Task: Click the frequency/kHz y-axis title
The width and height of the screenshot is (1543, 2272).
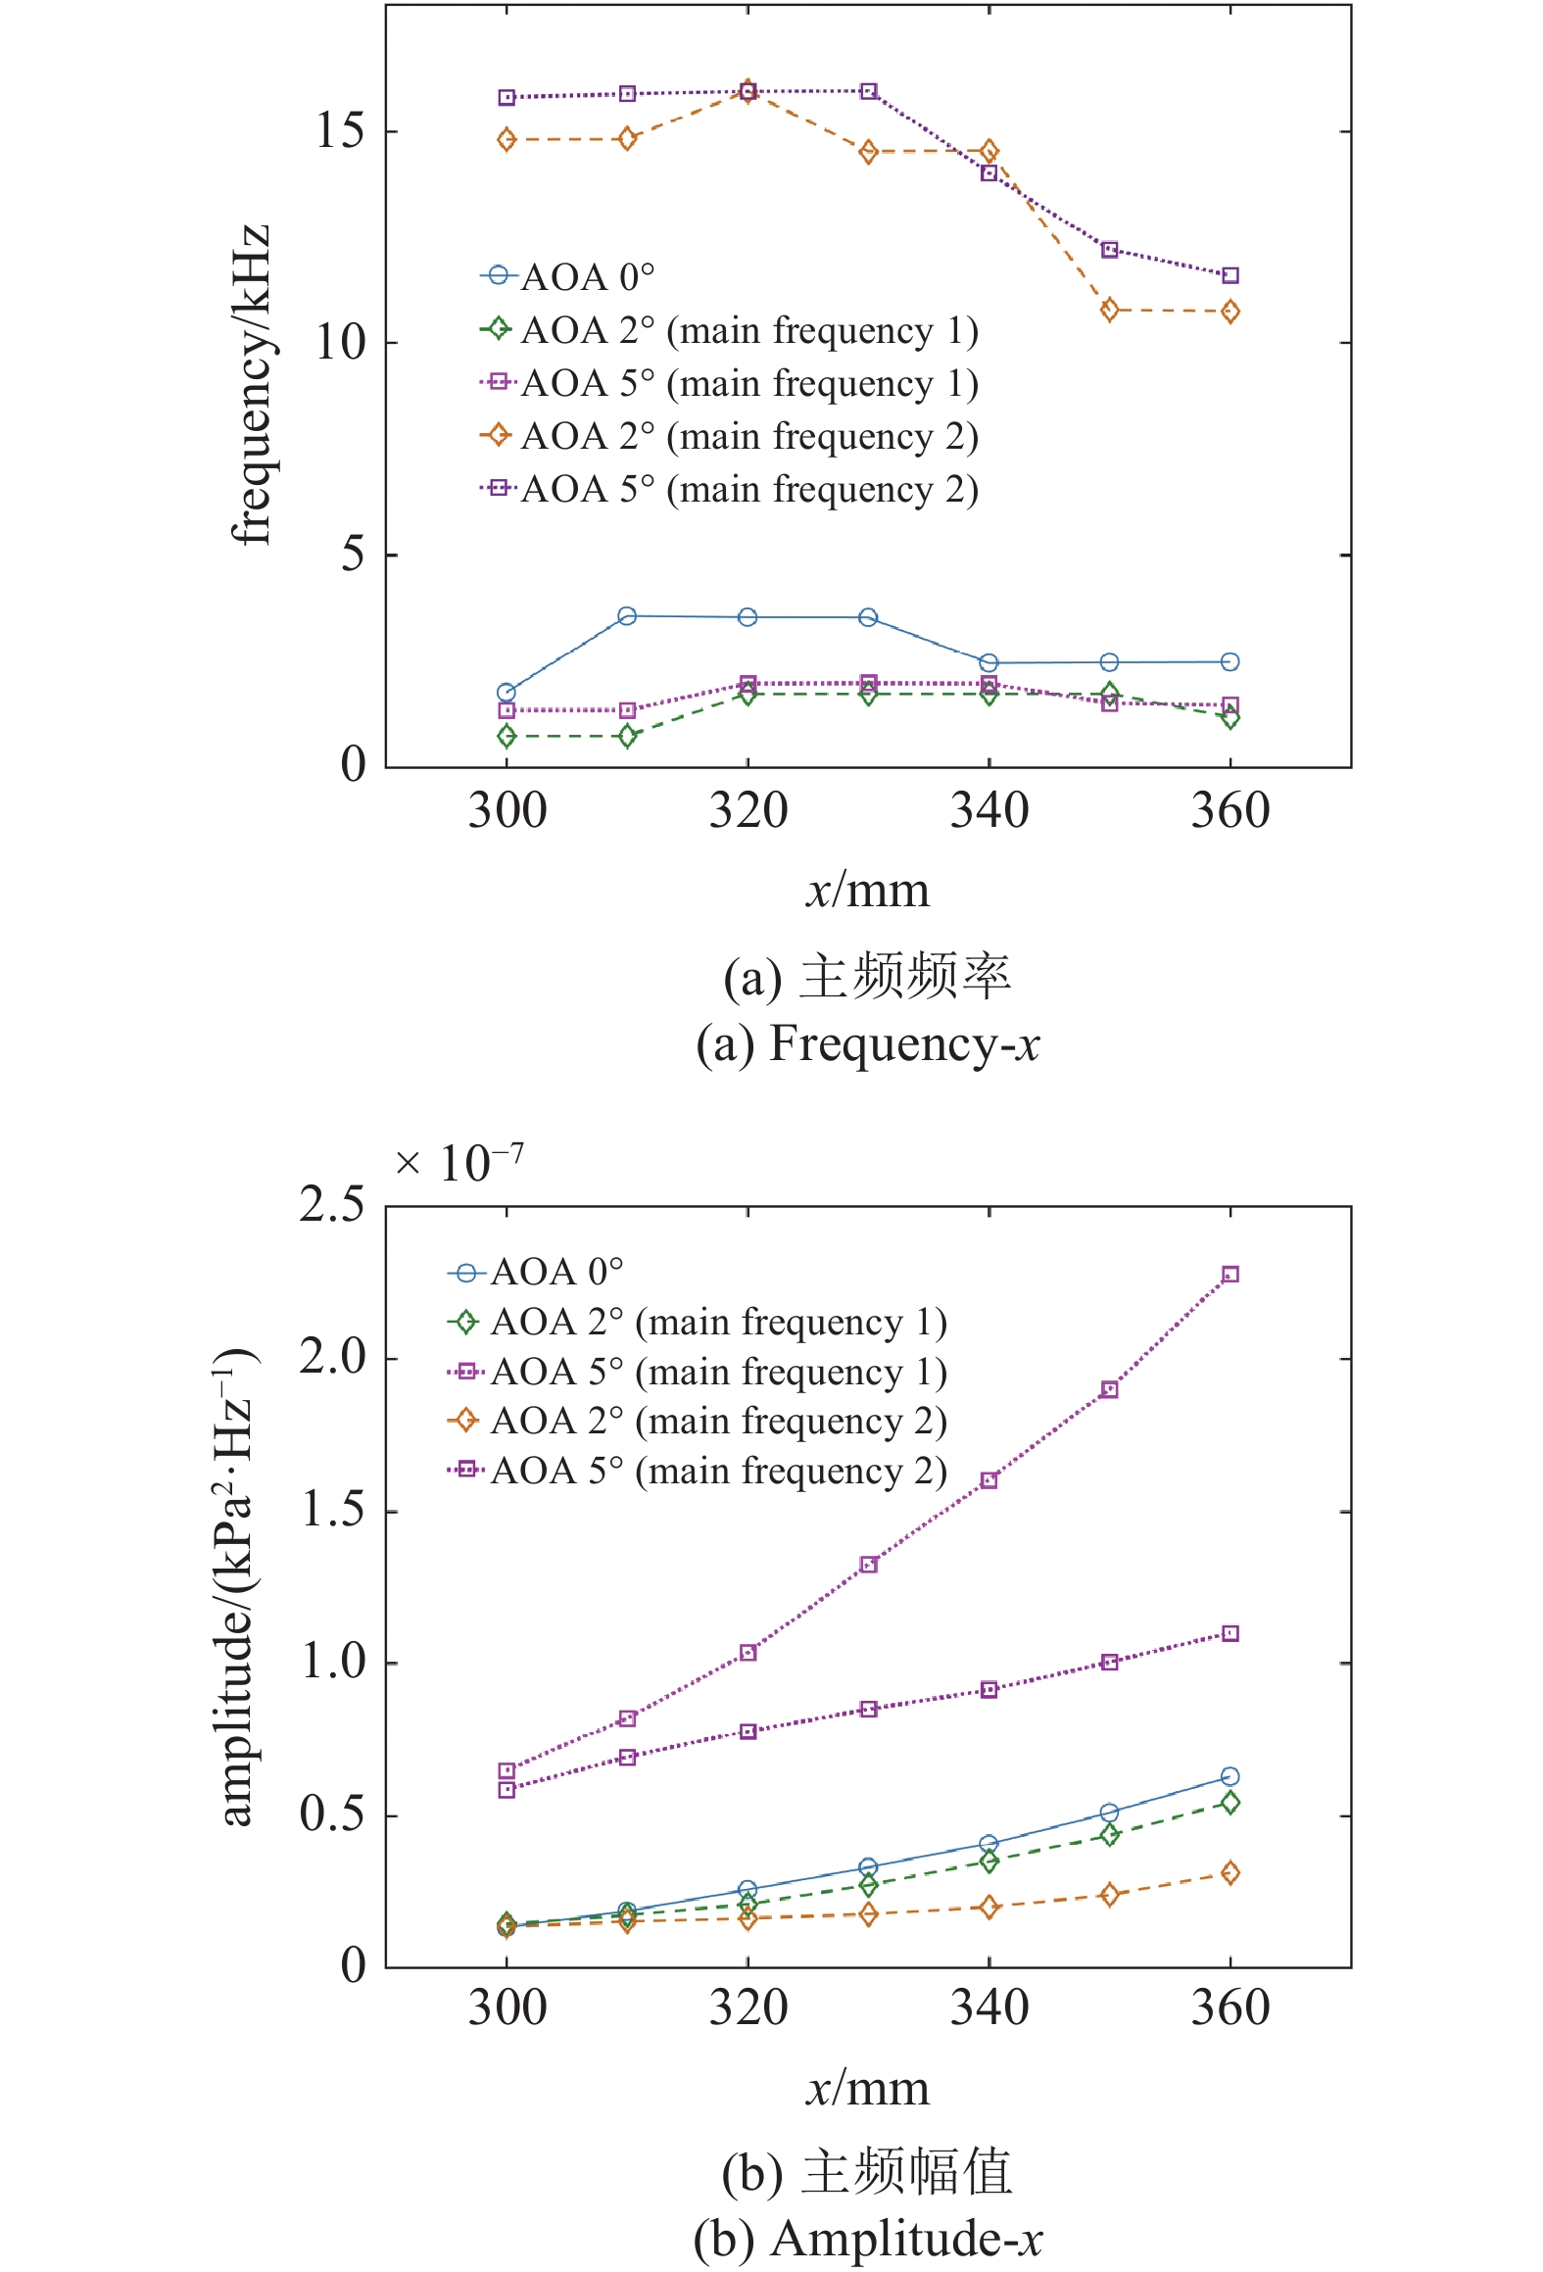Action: pos(251,384)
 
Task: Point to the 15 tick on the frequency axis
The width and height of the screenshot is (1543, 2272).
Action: pos(340,131)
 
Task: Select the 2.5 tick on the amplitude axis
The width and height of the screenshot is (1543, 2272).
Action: pos(332,1205)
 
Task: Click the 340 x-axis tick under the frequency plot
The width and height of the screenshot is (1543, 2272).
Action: pos(989,811)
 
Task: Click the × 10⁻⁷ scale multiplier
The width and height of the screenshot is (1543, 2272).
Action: pos(458,1164)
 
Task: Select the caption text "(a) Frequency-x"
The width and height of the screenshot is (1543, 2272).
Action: pos(868,1042)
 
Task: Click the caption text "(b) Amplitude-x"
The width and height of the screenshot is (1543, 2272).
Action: pos(868,2238)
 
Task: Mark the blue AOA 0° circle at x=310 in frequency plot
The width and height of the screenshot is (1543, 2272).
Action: pos(627,616)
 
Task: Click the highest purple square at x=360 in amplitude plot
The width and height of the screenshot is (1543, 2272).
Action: pos(1230,1275)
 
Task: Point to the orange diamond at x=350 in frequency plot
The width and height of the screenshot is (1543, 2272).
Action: pos(1110,311)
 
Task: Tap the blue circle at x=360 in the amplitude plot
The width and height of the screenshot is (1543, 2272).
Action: pos(1230,1776)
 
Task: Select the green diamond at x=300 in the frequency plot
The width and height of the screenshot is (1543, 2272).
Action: pos(506,736)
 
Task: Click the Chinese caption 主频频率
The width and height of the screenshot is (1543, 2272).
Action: pos(905,977)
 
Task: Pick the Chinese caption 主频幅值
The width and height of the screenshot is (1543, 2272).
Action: pos(906,2172)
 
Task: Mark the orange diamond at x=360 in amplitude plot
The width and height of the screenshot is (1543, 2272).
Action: pos(1230,1873)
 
